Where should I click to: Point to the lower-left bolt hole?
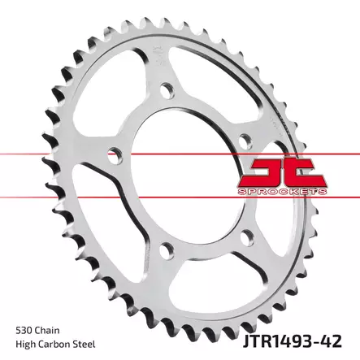click(x=167, y=245)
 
